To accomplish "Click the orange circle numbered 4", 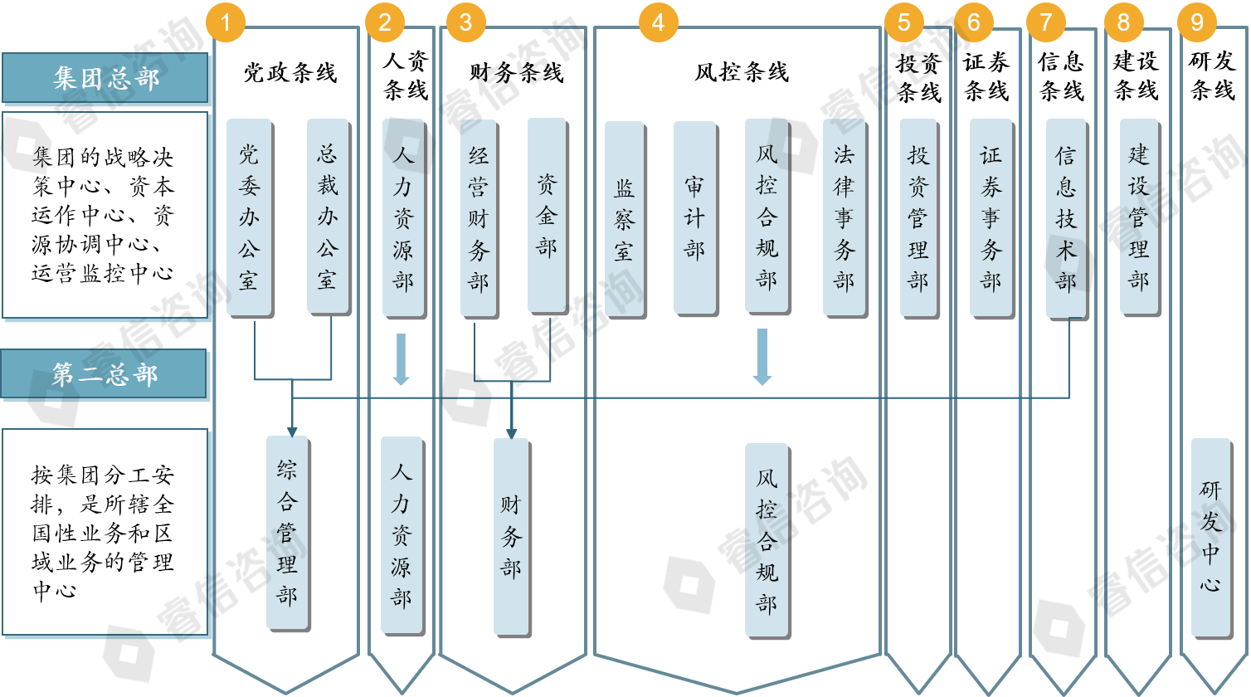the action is click(659, 22).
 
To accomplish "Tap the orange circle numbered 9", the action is click(1197, 22).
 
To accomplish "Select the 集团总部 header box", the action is click(105, 78).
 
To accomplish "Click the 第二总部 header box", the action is click(104, 374).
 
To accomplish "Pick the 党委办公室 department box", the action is click(250, 217).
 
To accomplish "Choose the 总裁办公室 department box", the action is click(329, 217).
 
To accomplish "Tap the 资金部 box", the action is click(548, 216).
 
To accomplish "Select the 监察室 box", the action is click(625, 220).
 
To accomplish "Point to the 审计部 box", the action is click(695, 218).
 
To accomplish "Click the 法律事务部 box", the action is click(845, 218).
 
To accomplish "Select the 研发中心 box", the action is click(1211, 539).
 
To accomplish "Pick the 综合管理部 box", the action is click(288, 534).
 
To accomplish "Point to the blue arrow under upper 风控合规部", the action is click(762, 357).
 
